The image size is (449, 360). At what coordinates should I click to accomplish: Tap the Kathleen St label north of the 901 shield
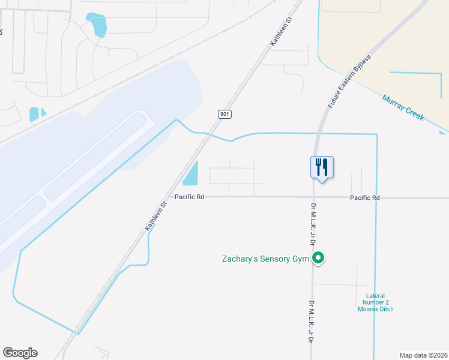pyautogui.click(x=280, y=31)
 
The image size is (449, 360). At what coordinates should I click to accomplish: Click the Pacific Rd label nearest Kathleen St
pyautogui.click(x=190, y=197)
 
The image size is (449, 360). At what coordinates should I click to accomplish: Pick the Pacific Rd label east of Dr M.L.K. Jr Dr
pyautogui.click(x=365, y=197)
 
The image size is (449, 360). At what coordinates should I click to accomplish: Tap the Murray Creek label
pyautogui.click(x=403, y=107)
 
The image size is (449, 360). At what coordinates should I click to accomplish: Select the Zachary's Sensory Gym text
pyautogui.click(x=266, y=259)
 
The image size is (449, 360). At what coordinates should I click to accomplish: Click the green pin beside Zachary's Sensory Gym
pyautogui.click(x=319, y=259)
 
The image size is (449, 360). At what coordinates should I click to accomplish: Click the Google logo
pyautogui.click(x=20, y=353)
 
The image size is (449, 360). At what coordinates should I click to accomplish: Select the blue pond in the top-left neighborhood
pyautogui.click(x=97, y=25)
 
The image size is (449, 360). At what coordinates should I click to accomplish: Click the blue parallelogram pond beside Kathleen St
pyautogui.click(x=190, y=174)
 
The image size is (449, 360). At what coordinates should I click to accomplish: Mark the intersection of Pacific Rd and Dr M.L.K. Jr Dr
pyautogui.click(x=313, y=197)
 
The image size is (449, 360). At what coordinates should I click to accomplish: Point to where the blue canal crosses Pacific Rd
pyautogui.click(x=377, y=197)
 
